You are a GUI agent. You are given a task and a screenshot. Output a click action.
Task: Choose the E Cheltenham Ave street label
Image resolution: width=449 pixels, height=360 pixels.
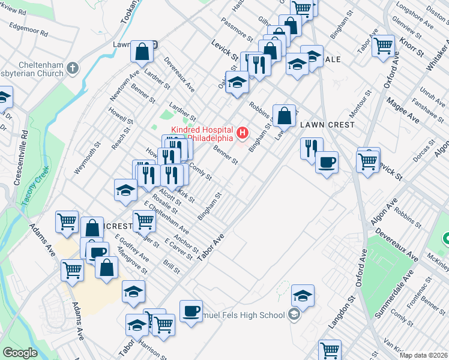pos(166,221)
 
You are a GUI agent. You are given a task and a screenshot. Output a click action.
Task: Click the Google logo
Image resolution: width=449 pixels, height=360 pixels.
pos(20,353)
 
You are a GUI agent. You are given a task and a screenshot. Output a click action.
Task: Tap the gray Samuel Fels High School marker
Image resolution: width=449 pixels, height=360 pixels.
pos(294,314)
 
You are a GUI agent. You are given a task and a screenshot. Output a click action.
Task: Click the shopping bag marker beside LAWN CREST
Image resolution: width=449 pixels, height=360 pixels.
pos(285,115)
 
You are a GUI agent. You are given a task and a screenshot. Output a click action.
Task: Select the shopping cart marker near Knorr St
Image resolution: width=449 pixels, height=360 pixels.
pos(382,45)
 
